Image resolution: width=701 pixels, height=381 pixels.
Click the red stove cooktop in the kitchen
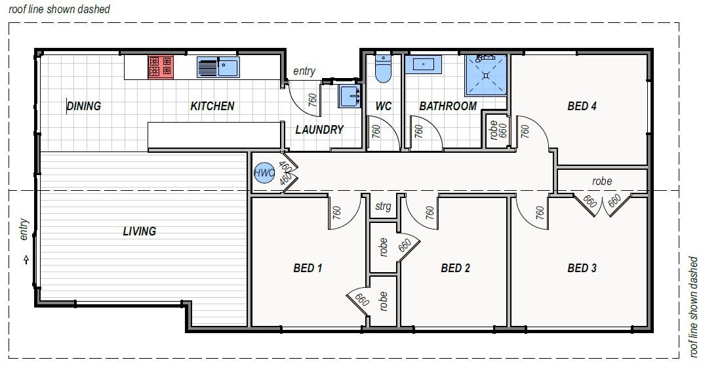[161, 66]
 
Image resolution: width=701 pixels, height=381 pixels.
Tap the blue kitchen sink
[218, 66]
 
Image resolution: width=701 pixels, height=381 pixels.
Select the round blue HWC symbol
[264, 172]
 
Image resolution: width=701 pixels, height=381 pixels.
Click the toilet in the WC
[382, 68]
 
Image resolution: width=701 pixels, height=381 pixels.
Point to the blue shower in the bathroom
[487, 75]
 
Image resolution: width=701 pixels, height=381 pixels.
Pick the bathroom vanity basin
[423, 64]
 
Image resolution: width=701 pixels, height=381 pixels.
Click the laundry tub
[349, 96]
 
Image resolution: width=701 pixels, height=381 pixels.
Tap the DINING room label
[84, 106]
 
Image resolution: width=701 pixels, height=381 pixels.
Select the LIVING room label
[140, 231]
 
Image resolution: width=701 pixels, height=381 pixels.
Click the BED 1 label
[308, 268]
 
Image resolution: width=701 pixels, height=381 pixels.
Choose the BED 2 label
[456, 268]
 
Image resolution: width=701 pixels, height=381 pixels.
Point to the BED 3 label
[582, 268]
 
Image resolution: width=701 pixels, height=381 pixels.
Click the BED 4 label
[582, 106]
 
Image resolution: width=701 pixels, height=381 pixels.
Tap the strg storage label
[383, 207]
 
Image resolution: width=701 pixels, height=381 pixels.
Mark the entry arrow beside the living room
[26, 260]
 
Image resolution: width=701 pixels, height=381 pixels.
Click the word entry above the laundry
[304, 71]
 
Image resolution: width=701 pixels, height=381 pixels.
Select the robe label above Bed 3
[601, 181]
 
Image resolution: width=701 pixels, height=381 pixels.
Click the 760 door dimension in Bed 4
[525, 132]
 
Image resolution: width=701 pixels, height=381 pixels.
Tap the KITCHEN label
[212, 106]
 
